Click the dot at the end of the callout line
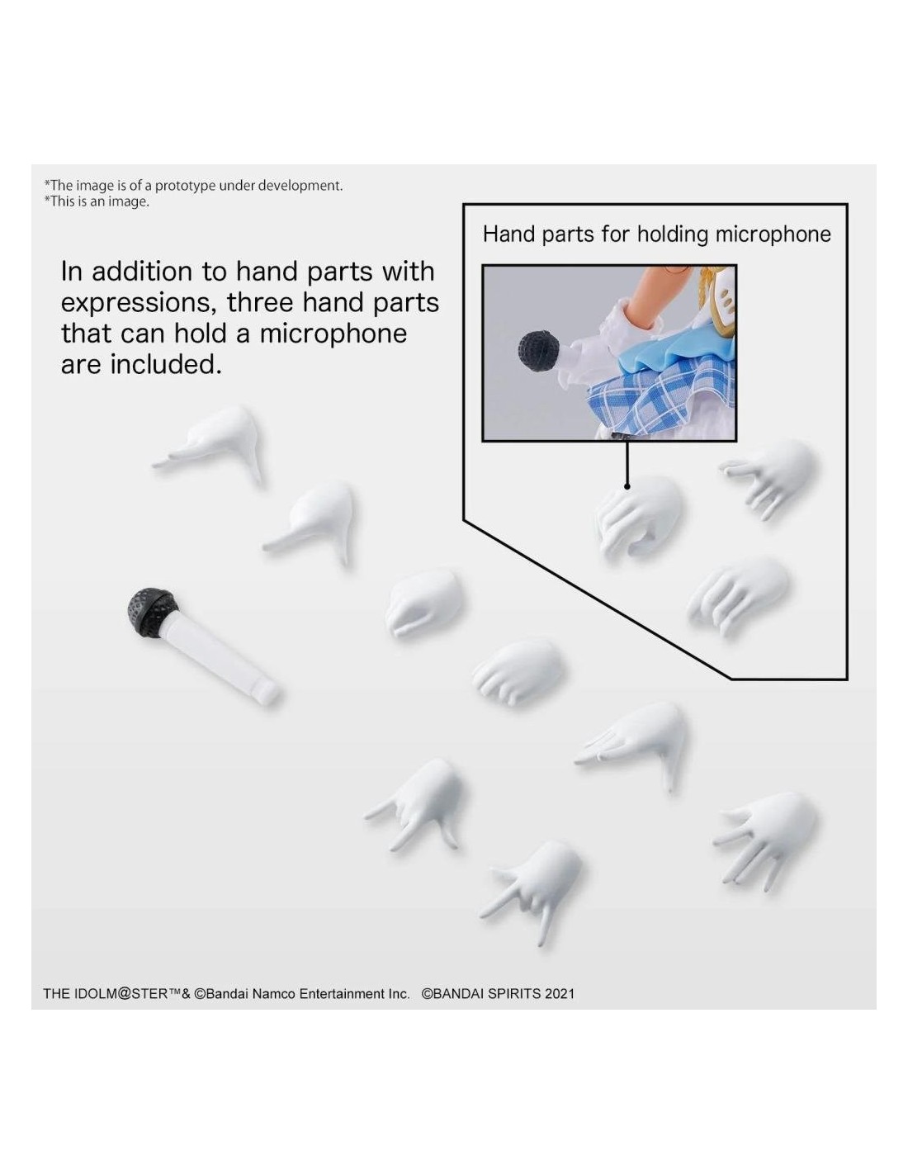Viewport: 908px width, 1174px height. [x=627, y=486]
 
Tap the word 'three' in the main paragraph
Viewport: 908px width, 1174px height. [x=260, y=302]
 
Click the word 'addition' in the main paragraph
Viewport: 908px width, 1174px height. [x=141, y=272]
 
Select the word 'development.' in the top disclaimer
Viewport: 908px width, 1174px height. [x=300, y=186]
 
